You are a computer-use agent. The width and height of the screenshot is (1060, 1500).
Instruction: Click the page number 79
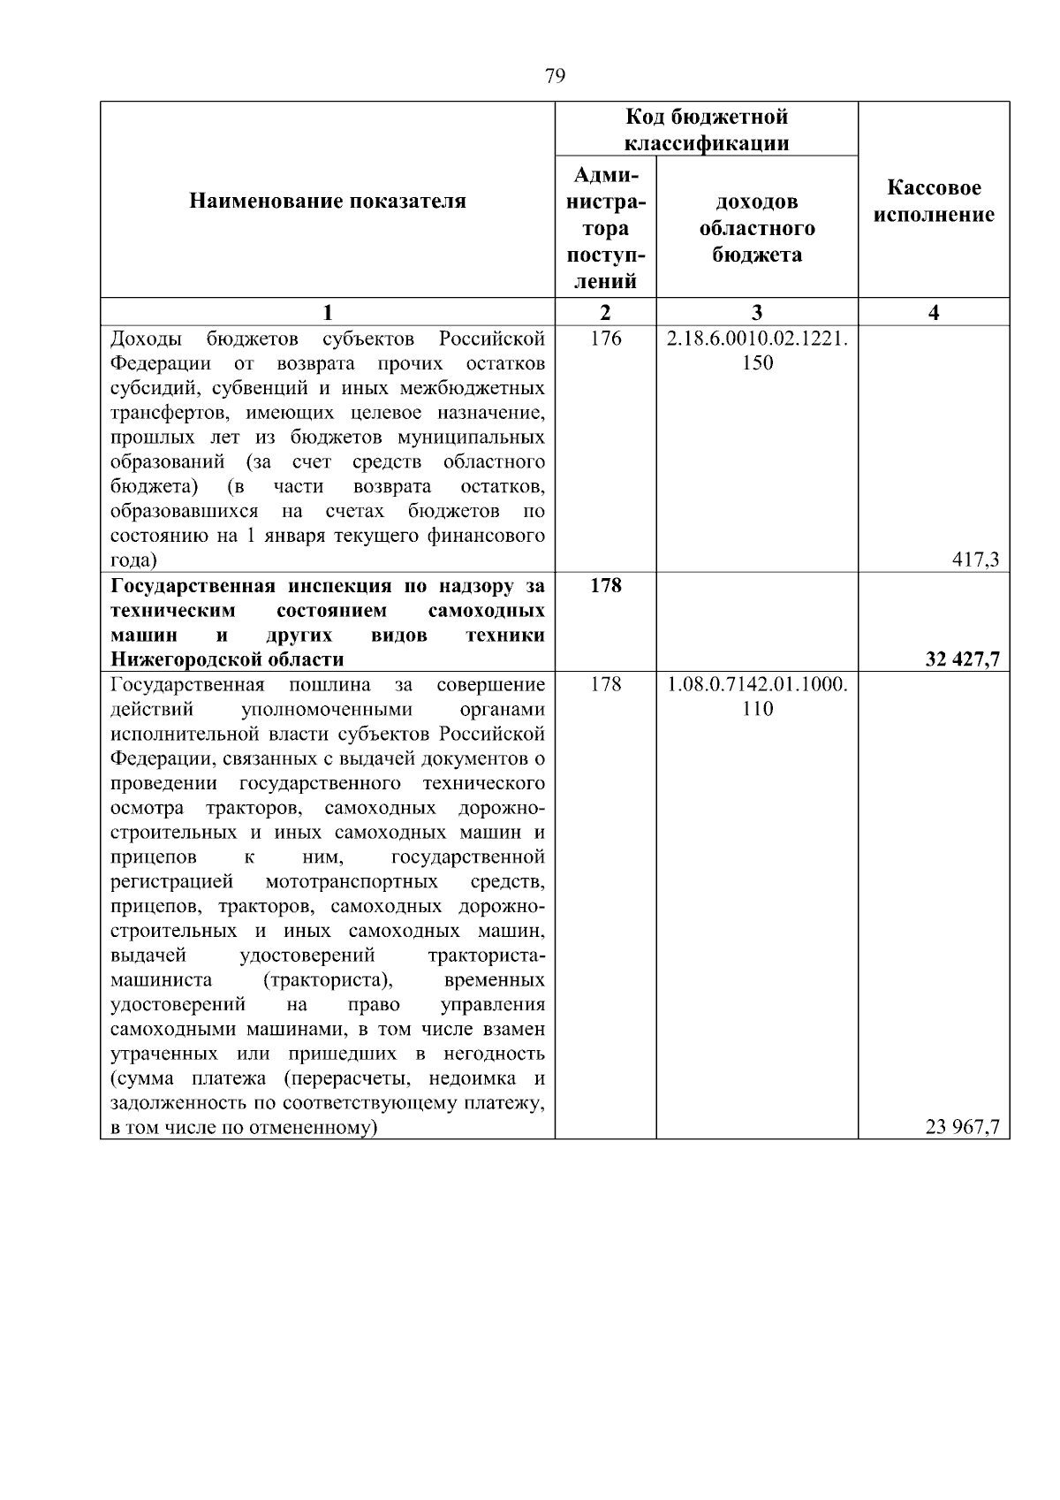[x=555, y=76]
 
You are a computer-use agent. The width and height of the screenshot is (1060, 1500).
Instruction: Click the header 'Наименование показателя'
[x=328, y=202]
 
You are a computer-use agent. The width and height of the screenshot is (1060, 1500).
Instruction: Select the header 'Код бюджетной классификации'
[x=707, y=130]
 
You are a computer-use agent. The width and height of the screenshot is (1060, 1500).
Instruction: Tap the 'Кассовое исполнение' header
[x=934, y=202]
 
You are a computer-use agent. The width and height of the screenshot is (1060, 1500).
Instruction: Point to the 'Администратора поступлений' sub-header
[x=605, y=228]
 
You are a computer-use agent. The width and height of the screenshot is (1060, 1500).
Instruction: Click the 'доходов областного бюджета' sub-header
[x=757, y=228]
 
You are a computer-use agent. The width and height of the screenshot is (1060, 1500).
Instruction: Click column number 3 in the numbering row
[x=757, y=312]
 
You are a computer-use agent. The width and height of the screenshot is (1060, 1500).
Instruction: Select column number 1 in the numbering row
[x=328, y=312]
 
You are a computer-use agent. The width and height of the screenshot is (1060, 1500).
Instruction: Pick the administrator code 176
[x=605, y=339]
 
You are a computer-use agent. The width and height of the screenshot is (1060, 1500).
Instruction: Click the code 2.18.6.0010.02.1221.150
[x=757, y=350]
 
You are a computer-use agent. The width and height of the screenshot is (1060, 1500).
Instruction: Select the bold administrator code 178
[x=605, y=585]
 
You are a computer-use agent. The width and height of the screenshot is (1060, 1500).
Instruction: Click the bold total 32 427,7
[x=962, y=659]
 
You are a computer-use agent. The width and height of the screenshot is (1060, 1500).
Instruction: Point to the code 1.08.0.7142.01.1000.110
[x=757, y=696]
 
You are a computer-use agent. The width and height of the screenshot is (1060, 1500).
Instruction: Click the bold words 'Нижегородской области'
[x=227, y=659]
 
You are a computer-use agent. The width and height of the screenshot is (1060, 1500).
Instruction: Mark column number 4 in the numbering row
[x=934, y=312]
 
